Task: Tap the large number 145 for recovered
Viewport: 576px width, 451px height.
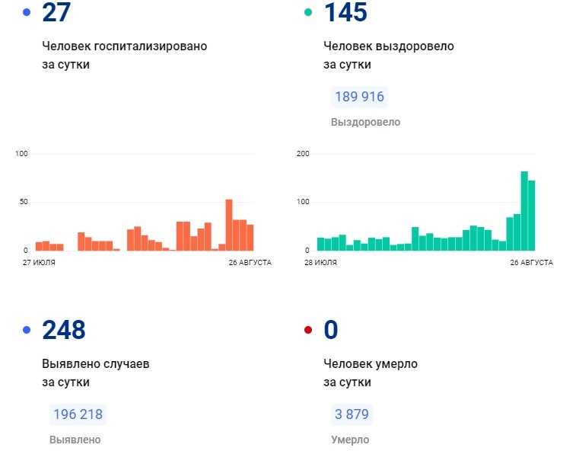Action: pyautogui.click(x=345, y=13)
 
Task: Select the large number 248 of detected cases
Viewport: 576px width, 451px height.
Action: pyautogui.click(x=64, y=330)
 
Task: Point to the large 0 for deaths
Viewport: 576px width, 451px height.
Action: pyautogui.click(x=331, y=330)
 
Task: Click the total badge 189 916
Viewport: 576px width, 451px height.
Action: pyautogui.click(x=359, y=98)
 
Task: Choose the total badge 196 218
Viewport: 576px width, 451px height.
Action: pyautogui.click(x=77, y=414)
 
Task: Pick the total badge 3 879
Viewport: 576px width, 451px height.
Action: pyautogui.click(x=352, y=414)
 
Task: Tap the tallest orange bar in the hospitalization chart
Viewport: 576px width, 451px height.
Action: pyautogui.click(x=228, y=225)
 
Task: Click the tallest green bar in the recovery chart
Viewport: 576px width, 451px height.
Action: pyautogui.click(x=524, y=211)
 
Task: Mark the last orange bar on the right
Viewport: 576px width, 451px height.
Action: pyautogui.click(x=250, y=237)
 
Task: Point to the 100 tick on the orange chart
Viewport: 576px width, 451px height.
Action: pyautogui.click(x=21, y=154)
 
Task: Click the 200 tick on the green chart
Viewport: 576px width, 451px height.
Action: pyautogui.click(x=303, y=154)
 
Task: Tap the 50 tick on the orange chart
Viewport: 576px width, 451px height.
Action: pyautogui.click(x=24, y=202)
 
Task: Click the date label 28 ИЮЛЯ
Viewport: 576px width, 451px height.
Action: pyautogui.click(x=320, y=262)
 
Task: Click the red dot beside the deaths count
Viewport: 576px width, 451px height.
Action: pyautogui.click(x=307, y=330)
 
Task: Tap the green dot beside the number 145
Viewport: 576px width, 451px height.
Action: pyautogui.click(x=307, y=13)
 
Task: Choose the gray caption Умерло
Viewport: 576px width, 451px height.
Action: pyautogui.click(x=350, y=440)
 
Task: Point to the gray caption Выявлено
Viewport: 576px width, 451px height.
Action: pyautogui.click(x=75, y=440)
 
